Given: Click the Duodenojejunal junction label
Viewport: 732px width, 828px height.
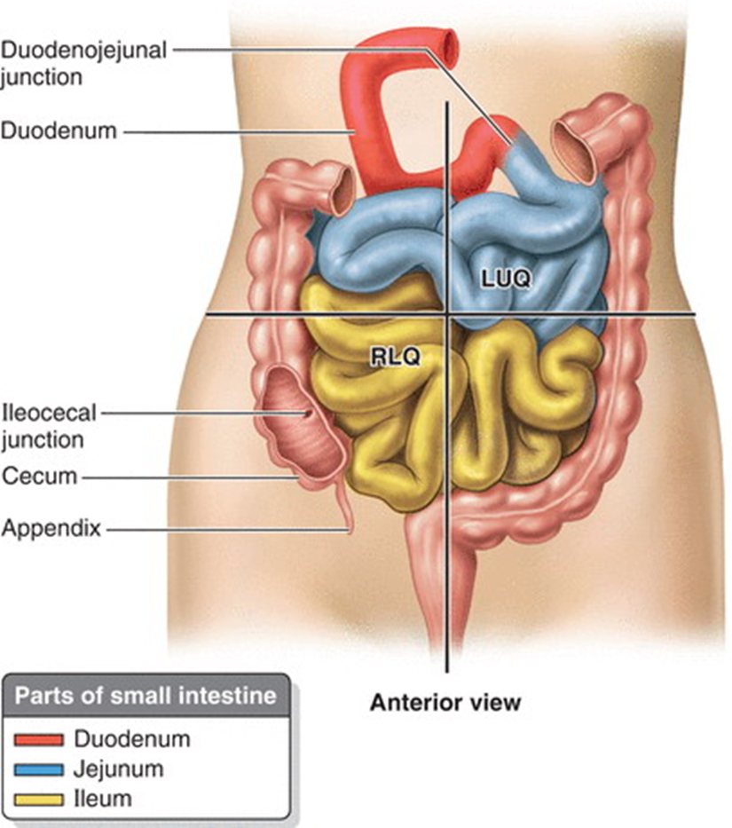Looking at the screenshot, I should pos(83,62).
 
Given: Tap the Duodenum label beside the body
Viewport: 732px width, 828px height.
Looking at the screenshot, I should pos(59,131).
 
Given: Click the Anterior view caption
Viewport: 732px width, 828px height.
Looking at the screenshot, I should pos(445,703).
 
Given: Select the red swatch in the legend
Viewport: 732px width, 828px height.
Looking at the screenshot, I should pos(40,739).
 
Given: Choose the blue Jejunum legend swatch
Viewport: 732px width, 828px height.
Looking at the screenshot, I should pos(40,769).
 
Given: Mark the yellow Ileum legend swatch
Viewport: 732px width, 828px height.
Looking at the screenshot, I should pos(40,799).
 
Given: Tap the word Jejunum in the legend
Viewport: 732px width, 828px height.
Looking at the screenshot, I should pos(117,769).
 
